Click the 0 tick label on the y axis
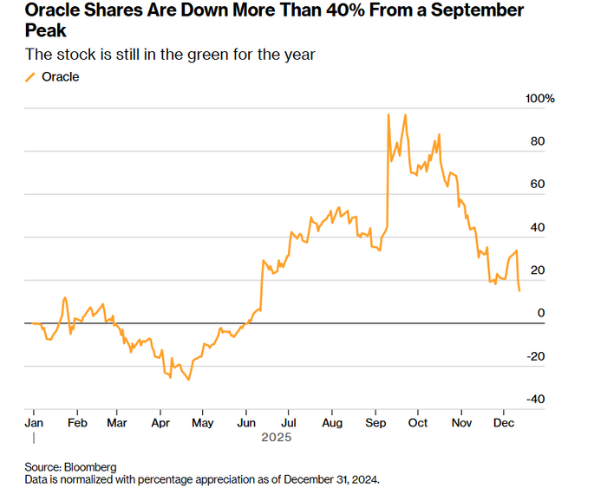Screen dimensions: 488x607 pyautogui.click(x=541, y=313)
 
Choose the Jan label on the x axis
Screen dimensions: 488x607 pyautogui.click(x=33, y=424)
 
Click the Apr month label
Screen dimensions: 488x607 pyautogui.click(x=160, y=424)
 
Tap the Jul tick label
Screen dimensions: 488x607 pyautogui.click(x=289, y=424)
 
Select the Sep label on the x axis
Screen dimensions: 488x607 pyautogui.click(x=375, y=424)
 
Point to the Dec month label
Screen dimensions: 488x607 pyautogui.click(x=502, y=424)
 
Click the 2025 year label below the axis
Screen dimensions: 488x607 pyautogui.click(x=277, y=439)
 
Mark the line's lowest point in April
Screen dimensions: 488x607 pyautogui.click(x=189, y=380)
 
